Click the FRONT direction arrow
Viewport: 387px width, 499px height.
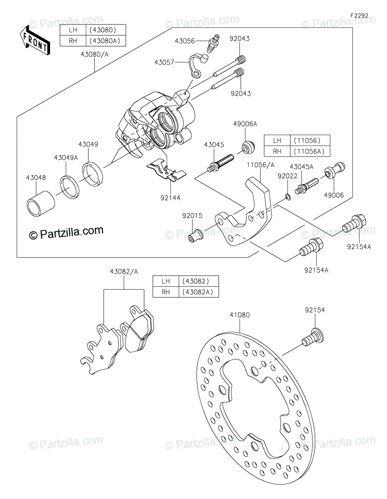[35, 41]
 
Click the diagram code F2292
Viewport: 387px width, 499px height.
[359, 16]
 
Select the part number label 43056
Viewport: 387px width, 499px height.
[184, 41]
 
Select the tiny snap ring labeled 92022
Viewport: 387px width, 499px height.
[287, 197]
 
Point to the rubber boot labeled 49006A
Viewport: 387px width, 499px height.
[247, 147]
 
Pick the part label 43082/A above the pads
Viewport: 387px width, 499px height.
[124, 272]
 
